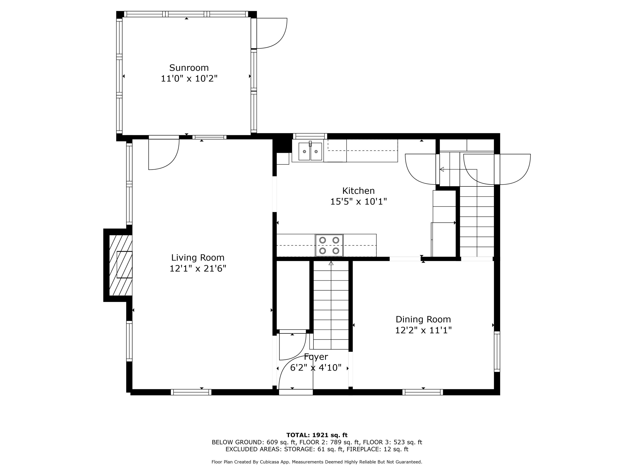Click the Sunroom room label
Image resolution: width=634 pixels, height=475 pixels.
click(x=189, y=68)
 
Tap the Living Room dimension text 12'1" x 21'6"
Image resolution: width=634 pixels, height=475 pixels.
click(x=198, y=269)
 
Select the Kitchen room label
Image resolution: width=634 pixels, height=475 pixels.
click(x=358, y=191)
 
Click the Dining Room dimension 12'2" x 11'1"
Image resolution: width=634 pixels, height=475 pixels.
click(x=423, y=330)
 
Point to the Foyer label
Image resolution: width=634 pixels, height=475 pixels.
click(x=316, y=357)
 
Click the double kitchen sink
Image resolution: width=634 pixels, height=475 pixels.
click(x=310, y=151)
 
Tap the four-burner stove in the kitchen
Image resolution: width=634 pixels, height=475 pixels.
click(x=329, y=245)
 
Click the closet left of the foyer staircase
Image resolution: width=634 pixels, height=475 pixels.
click(x=293, y=295)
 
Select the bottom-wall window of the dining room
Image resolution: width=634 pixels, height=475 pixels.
click(x=423, y=392)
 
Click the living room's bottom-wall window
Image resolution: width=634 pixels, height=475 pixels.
click(x=191, y=392)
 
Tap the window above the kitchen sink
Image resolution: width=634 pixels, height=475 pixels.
click(x=310, y=136)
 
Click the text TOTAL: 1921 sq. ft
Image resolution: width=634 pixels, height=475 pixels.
click(x=317, y=435)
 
